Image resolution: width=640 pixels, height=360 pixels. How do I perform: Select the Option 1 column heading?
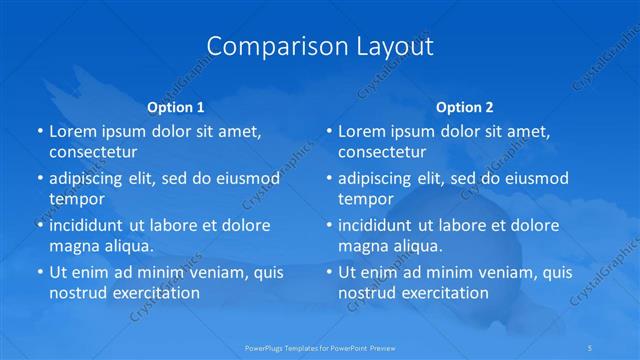pos(175,107)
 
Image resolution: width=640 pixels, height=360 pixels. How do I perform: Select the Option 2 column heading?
pos(465,107)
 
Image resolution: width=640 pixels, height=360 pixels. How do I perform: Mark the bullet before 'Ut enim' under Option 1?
pos(39,272)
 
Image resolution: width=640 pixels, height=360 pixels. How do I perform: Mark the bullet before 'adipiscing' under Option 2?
pos(329,178)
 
